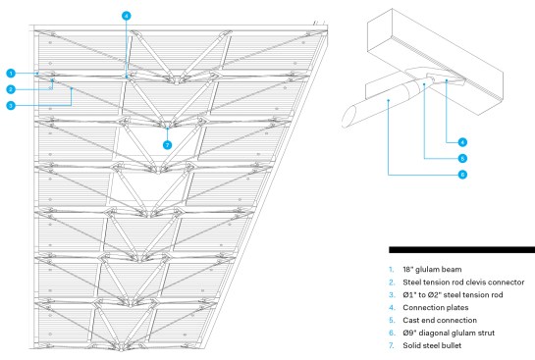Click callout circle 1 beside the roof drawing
(11, 74)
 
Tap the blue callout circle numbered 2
(11, 89)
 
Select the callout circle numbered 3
(11, 106)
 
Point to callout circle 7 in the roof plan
(167, 145)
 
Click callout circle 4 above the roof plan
(127, 16)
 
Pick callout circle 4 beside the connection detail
(462, 142)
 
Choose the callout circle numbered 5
(462, 159)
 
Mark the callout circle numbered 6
(462, 175)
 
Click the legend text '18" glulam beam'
(432, 270)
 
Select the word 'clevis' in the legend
(478, 283)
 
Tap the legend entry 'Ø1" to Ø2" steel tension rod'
(453, 295)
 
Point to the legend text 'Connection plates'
(436, 307)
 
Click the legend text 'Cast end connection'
(440, 320)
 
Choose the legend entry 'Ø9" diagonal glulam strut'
(449, 333)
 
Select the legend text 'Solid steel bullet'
(432, 345)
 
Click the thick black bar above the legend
(461, 250)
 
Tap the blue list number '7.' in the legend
(392, 345)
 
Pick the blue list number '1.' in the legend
(391, 270)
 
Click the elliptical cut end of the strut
(349, 117)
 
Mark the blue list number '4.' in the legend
(392, 307)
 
